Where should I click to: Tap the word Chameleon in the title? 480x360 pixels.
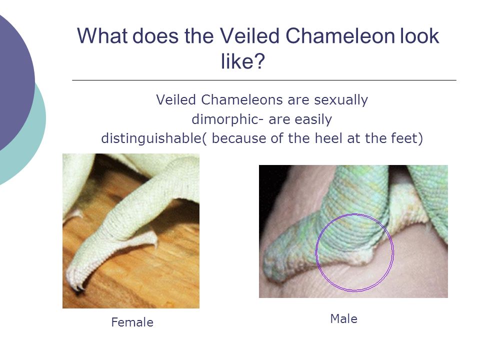(x=340, y=36)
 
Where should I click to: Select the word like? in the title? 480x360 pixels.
(x=243, y=61)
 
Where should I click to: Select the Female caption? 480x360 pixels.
(x=132, y=322)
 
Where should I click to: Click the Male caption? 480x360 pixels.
(x=344, y=319)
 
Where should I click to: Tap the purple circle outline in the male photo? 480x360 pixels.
(x=316, y=252)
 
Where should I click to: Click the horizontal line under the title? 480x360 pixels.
(x=264, y=80)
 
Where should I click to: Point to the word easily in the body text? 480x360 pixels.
(x=313, y=119)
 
